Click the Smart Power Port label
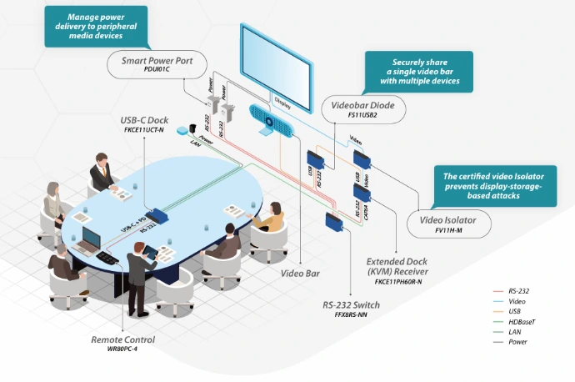click(x=157, y=61)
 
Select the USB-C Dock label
click(x=144, y=120)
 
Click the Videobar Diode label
click(x=364, y=106)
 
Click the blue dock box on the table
click(x=156, y=215)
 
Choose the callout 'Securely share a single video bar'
click(x=419, y=72)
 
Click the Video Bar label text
click(x=300, y=273)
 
